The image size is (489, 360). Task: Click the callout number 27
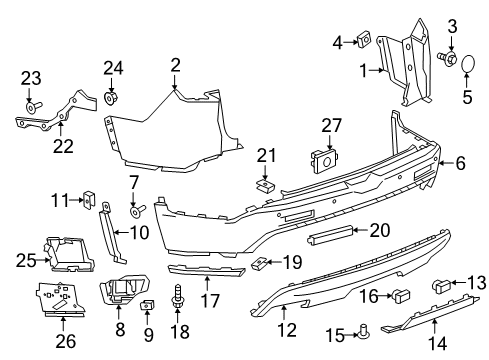point(332,126)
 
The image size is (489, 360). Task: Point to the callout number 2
point(175,66)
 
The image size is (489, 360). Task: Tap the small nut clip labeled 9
point(148,305)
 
